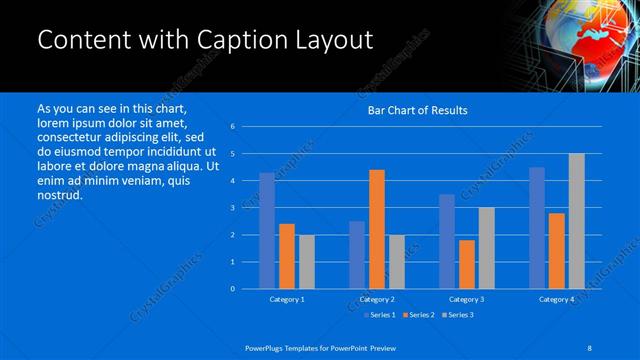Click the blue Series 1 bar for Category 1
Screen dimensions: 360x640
point(267,231)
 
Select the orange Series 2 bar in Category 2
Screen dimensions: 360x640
point(377,229)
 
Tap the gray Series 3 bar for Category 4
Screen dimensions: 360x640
point(576,221)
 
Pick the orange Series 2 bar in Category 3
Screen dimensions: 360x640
point(467,264)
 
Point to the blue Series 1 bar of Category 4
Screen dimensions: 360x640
point(537,228)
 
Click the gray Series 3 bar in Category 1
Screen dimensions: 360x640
point(306,262)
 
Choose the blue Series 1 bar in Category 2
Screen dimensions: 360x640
point(357,255)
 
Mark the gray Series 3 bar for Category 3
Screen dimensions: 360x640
point(486,248)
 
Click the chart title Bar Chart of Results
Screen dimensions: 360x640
point(418,110)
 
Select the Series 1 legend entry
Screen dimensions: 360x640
point(380,315)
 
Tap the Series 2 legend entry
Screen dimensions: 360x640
point(418,315)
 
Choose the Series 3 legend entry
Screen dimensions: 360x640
point(456,315)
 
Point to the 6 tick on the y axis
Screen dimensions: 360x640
point(232,127)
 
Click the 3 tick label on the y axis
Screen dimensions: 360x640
point(232,208)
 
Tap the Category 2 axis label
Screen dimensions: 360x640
point(377,299)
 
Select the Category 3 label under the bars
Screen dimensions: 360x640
point(467,299)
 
